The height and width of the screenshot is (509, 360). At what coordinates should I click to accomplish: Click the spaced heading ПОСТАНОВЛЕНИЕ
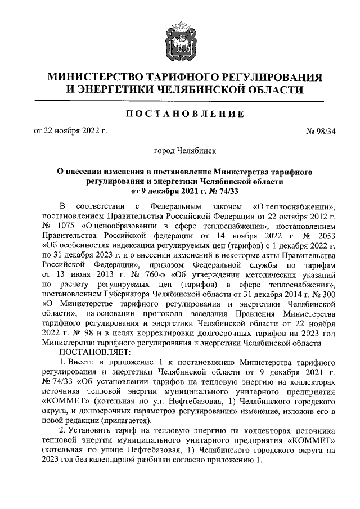click(180, 114)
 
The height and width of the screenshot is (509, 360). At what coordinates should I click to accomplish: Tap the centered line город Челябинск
click(179, 151)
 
